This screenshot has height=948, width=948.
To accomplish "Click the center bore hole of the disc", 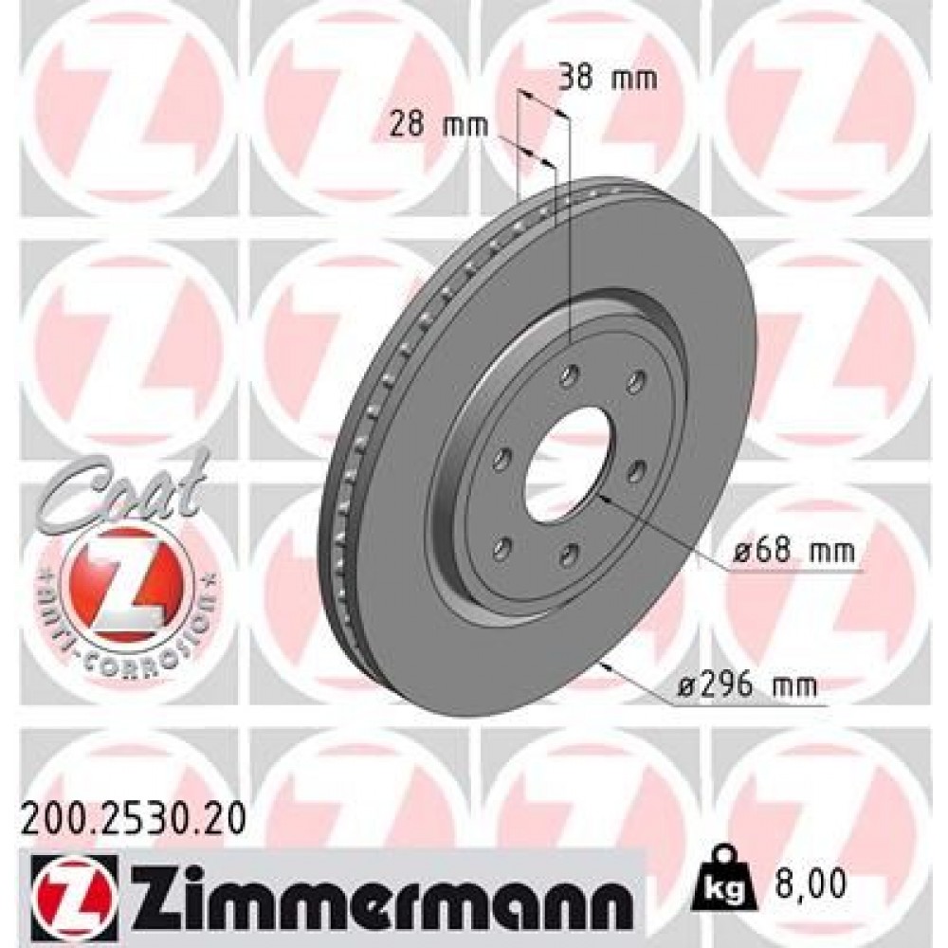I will point(563,462).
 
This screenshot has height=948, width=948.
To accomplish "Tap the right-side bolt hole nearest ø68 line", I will point(636,468).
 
